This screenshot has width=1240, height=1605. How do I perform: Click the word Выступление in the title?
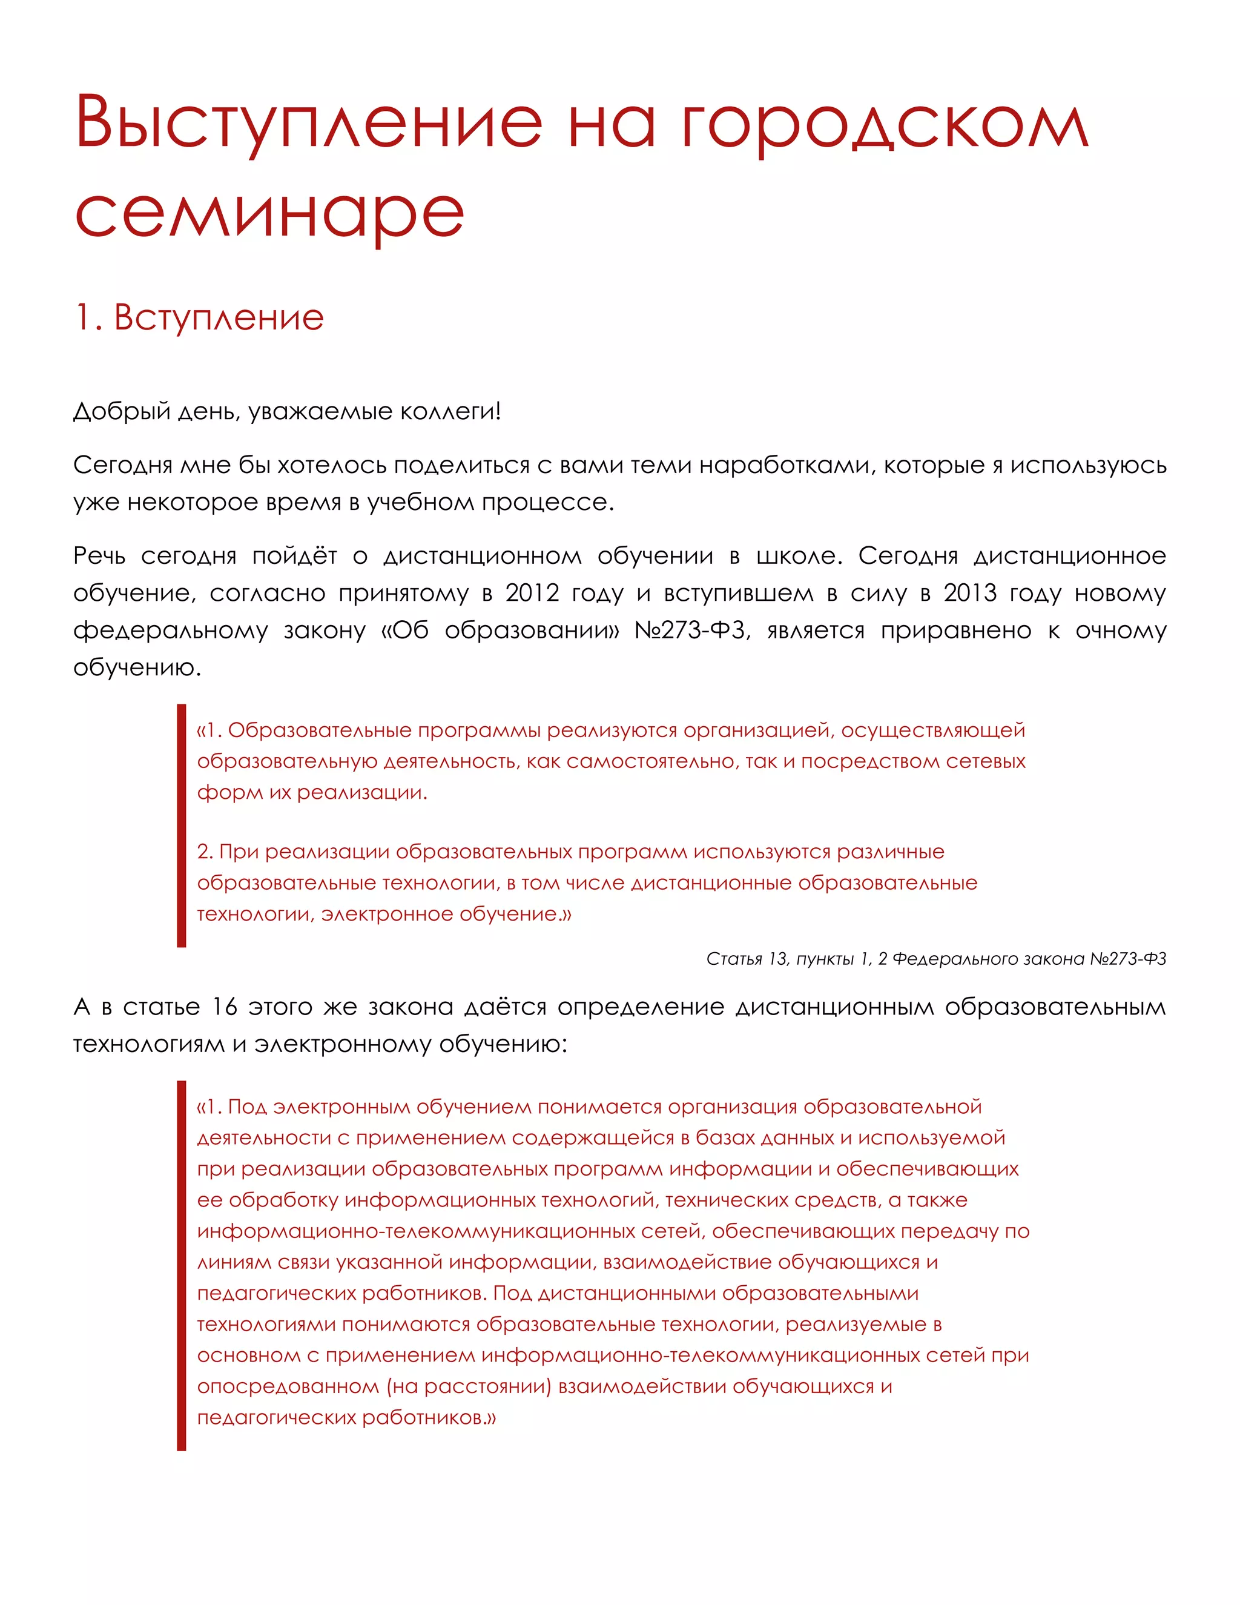click(309, 123)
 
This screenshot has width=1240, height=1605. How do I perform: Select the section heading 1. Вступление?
click(199, 317)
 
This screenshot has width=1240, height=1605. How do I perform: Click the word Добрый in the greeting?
click(121, 411)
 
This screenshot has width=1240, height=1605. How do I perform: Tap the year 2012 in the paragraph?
click(533, 593)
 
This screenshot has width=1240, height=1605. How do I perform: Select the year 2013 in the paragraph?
click(971, 593)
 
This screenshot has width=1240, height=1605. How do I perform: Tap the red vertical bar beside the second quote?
click(182, 1265)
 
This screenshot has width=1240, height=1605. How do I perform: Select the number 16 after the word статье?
click(224, 1007)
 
